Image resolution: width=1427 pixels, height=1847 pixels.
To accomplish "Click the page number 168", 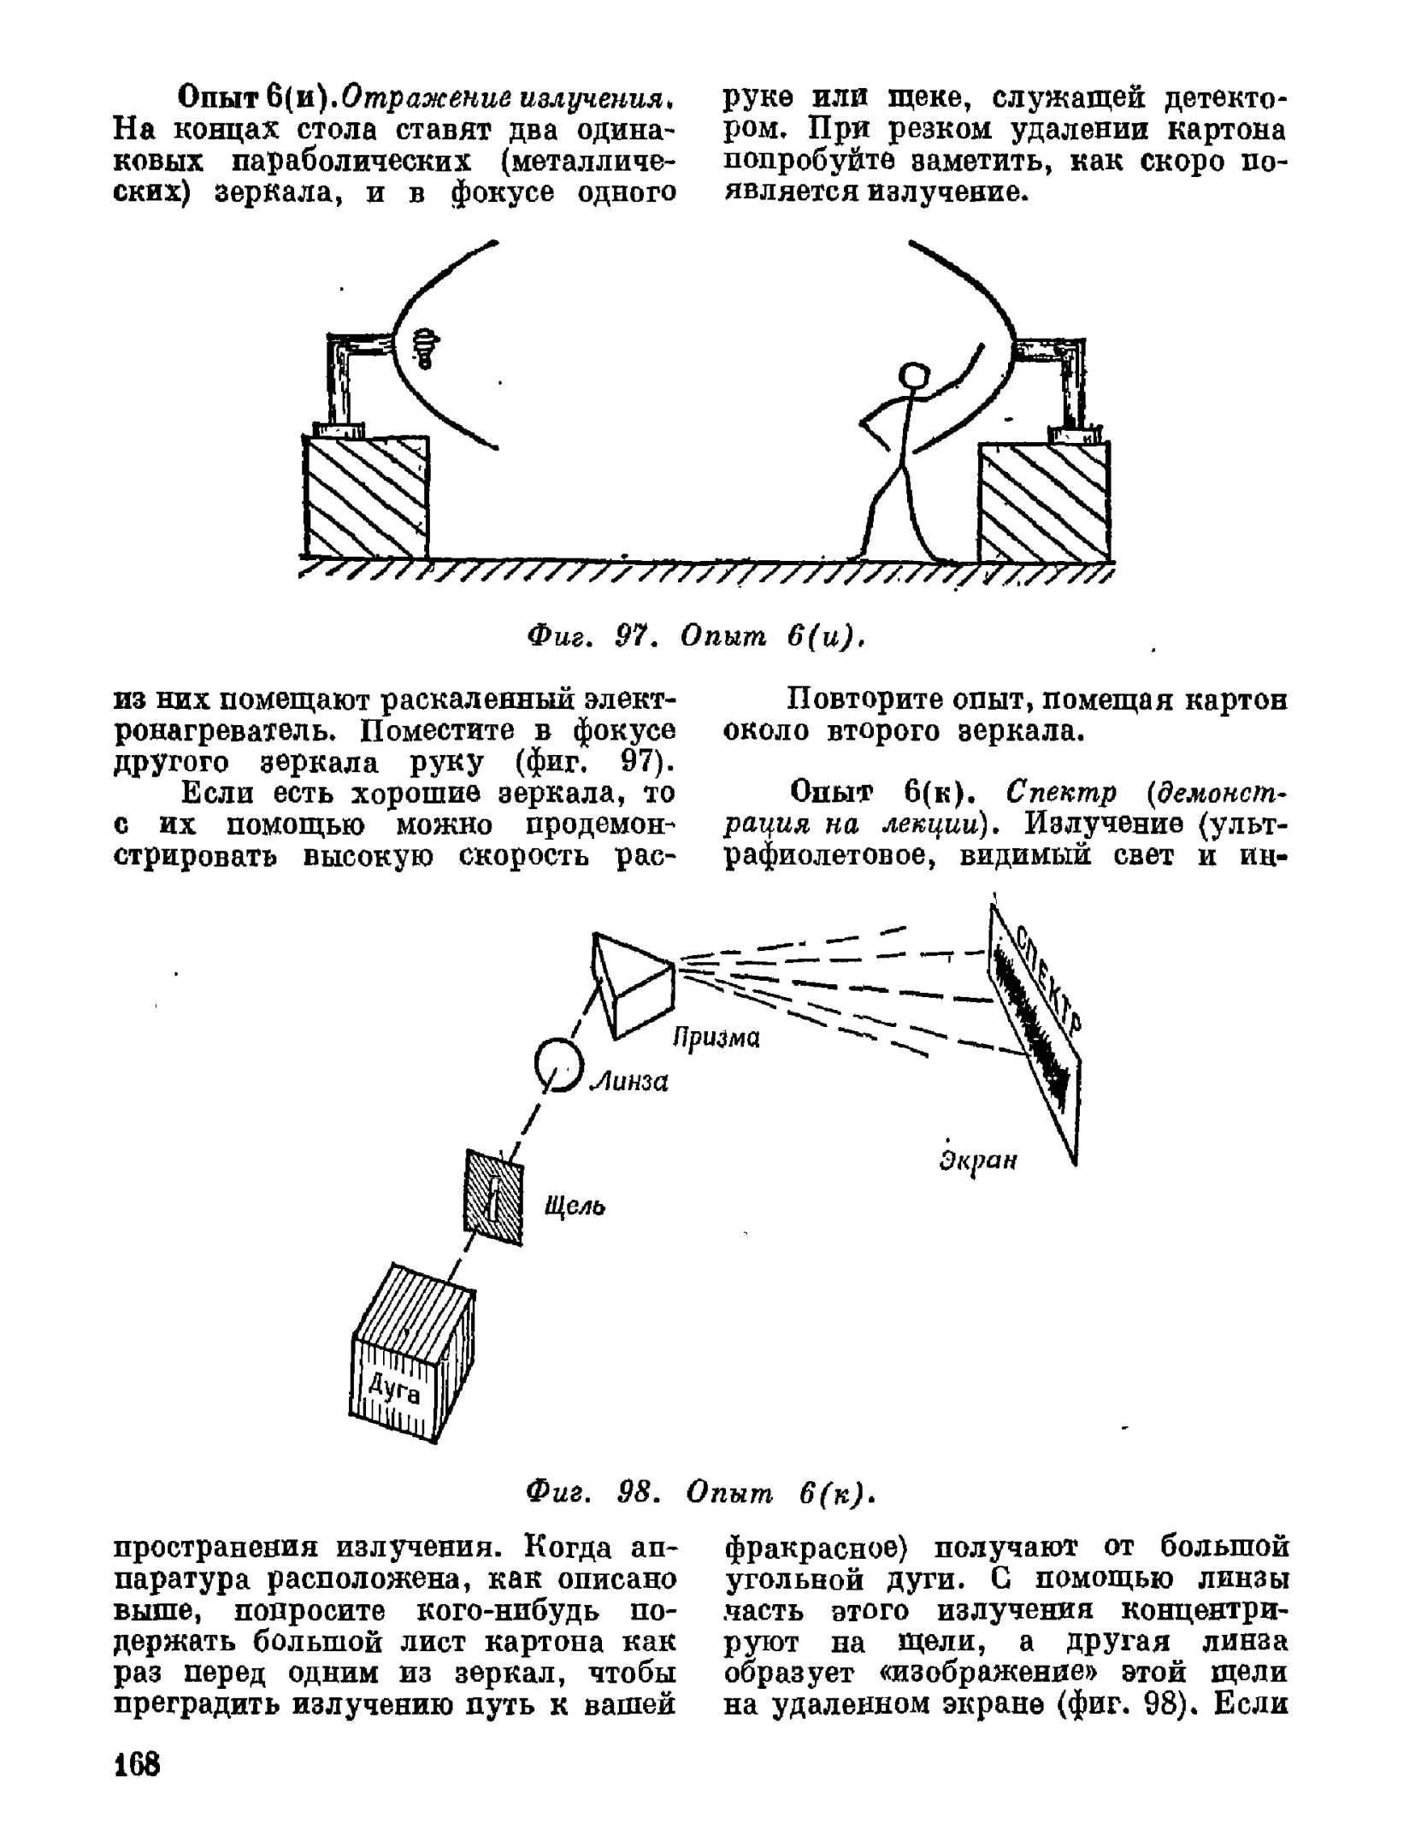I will click(137, 1764).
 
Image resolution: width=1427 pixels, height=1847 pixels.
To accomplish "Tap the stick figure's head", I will click(914, 376).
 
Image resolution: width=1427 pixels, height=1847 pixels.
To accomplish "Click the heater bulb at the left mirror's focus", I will click(425, 348).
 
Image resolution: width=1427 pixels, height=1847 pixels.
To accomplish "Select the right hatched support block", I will click(1044, 502).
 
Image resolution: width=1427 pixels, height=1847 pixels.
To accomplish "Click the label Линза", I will click(631, 1082).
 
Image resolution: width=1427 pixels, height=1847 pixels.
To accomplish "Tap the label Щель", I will click(575, 1207).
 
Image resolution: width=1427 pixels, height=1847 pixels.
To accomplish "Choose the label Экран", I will click(978, 1160).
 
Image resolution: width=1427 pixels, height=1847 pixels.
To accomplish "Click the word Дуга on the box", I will click(394, 1389).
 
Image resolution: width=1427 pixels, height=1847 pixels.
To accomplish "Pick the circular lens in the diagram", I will click(557, 1064).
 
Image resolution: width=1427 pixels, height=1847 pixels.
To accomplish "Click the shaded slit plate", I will click(493, 1197).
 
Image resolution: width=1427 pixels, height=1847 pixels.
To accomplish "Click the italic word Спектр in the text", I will click(1062, 793).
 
